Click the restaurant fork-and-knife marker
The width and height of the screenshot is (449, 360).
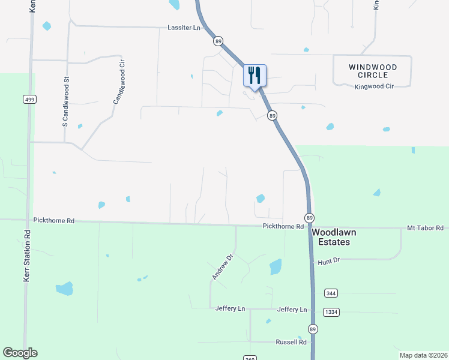255,76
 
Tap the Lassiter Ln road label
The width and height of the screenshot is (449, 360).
183,28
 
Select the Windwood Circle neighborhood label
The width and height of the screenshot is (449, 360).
372,70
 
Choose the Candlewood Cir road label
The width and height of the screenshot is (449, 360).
118,82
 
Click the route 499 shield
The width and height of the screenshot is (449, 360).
29,99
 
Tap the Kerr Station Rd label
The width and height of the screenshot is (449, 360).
26,256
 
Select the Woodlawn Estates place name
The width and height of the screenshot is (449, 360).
330,236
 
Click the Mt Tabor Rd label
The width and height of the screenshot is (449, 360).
424,228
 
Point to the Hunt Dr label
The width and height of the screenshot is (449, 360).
329,260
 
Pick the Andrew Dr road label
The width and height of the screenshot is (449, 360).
222,266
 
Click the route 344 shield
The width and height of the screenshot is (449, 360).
330,293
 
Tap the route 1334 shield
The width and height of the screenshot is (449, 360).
331,312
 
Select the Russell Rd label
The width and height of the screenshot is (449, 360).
291,342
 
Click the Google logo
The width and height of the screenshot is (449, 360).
20,353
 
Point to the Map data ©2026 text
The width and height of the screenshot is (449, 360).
423,355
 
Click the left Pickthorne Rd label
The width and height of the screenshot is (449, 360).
54,221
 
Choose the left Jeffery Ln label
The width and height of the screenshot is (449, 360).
230,308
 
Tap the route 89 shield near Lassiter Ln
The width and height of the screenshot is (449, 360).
218,41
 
